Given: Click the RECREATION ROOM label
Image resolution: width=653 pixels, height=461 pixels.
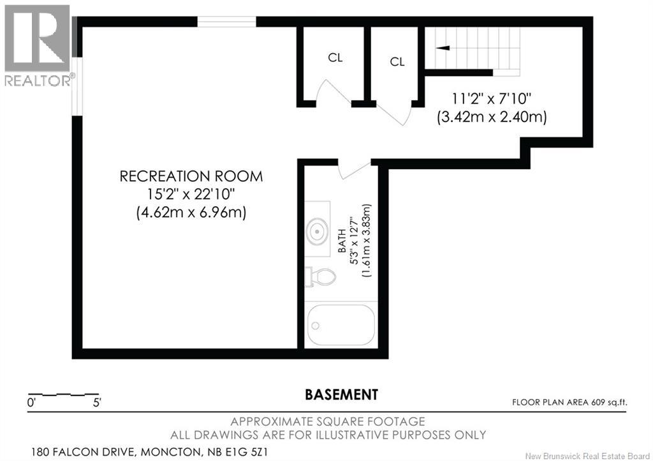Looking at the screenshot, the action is pyautogui.click(x=191, y=176).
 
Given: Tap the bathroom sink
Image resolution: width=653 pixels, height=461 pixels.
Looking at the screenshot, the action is pyautogui.click(x=318, y=230).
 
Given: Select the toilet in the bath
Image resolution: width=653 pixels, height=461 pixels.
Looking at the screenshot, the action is pyautogui.click(x=320, y=276).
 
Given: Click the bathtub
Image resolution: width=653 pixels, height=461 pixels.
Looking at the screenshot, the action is pyautogui.click(x=341, y=325).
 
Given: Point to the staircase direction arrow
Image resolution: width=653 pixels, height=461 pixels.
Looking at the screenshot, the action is pyautogui.click(x=443, y=48).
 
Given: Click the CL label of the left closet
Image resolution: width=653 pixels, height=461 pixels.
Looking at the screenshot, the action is pyautogui.click(x=335, y=57).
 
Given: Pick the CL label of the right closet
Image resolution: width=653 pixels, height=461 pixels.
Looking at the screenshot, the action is pyautogui.click(x=397, y=62).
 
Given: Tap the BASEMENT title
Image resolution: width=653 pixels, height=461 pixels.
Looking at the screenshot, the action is pyautogui.click(x=342, y=395).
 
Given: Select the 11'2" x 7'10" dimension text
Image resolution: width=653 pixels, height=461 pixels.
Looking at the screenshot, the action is pyautogui.click(x=492, y=99).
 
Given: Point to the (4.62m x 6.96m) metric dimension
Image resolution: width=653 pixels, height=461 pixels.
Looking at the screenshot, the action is pyautogui.click(x=191, y=213).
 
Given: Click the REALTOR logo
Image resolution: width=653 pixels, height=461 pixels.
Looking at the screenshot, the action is pyautogui.click(x=38, y=45).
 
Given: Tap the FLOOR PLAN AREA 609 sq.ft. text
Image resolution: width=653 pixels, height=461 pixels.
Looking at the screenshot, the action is pyautogui.click(x=569, y=403).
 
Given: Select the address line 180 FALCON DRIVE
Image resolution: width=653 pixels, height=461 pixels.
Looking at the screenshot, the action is pyautogui.click(x=150, y=452).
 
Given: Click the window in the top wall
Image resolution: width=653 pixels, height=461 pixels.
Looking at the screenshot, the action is pyautogui.click(x=226, y=21).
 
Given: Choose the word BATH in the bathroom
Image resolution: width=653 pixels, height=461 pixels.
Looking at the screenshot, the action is pyautogui.click(x=342, y=241).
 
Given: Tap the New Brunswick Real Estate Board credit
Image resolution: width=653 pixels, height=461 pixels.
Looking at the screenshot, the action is pyautogui.click(x=587, y=456).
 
